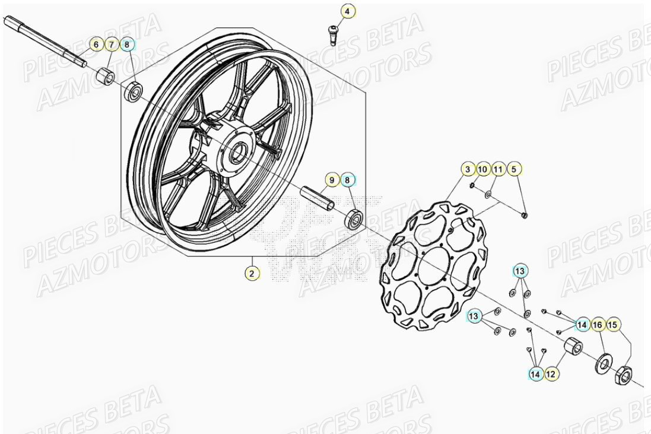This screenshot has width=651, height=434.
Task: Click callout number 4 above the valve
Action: pos(348,11)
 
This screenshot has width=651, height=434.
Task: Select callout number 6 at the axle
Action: pos(96,44)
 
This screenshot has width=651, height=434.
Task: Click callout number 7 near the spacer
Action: pos(111,44)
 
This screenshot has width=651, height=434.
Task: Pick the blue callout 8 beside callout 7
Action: pos(127,44)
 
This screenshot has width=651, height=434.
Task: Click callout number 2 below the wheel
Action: pos(252,273)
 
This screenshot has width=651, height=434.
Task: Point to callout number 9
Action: pos(332,179)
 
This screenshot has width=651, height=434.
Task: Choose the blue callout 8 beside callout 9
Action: pos(348,179)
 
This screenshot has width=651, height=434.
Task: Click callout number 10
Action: pos(482,170)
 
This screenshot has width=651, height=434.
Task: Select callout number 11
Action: pos(498,170)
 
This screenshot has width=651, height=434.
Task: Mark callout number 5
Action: pos(515,170)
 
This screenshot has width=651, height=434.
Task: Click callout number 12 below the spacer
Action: pos(551,374)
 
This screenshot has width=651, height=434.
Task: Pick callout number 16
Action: pos(597,324)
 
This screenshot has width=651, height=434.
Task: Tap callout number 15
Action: pos(613,324)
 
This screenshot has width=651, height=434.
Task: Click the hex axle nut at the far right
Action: pos(624,375)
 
